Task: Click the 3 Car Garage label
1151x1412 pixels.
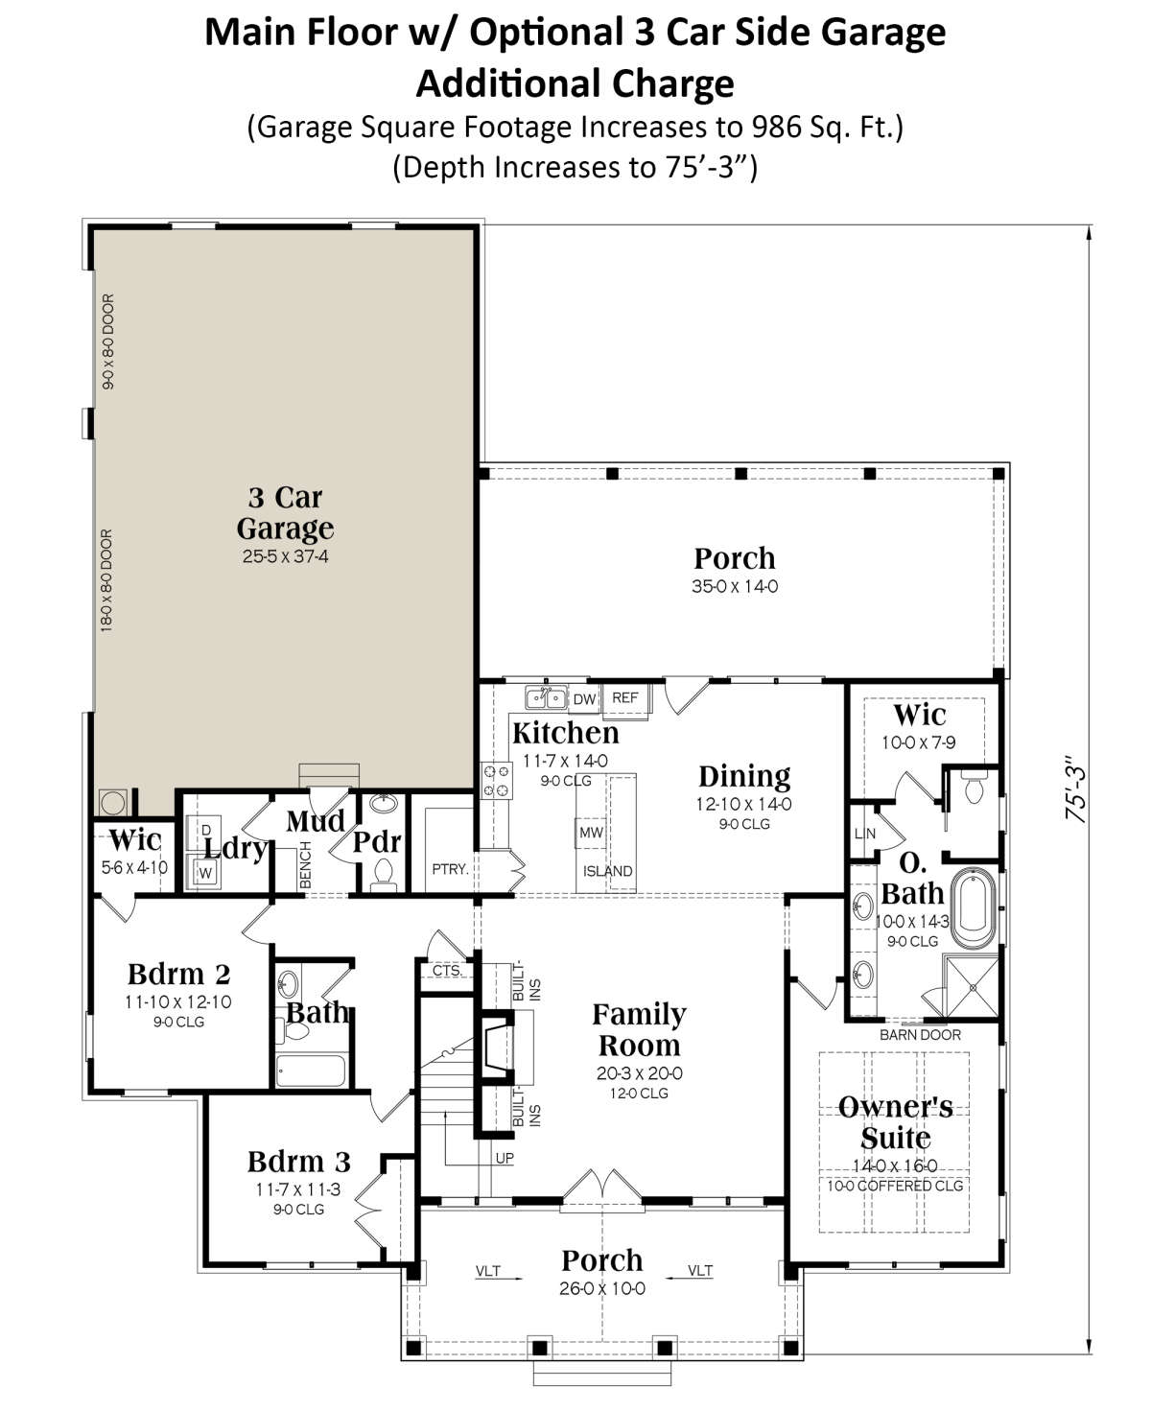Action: point(285,512)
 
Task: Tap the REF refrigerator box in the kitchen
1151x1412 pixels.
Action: point(624,698)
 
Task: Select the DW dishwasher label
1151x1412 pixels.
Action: point(584,699)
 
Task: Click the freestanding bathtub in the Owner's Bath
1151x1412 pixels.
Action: point(974,907)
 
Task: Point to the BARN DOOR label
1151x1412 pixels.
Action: point(919,1035)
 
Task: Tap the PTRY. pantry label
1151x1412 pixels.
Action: point(450,869)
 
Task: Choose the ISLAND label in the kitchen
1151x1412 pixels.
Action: point(607,871)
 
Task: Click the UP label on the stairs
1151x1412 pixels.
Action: point(505,1158)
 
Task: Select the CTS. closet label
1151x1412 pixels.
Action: point(447,971)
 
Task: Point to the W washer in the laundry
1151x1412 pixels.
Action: point(205,873)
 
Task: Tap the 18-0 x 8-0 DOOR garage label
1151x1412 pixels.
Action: point(106,581)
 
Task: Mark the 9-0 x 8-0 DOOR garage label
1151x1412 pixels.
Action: point(107,341)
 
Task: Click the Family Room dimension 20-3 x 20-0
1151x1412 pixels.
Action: point(639,1073)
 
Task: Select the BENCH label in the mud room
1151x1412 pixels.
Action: point(305,865)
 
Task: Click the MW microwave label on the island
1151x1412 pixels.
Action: point(591,833)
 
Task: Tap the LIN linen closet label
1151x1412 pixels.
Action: point(864,834)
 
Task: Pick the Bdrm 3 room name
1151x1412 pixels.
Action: point(298,1162)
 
